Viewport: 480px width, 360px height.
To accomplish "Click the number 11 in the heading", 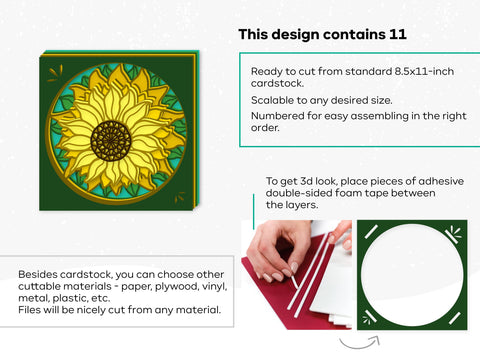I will (398, 35).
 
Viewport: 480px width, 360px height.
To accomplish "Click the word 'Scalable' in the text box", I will (275, 101).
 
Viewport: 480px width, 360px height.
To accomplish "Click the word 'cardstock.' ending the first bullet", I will (281, 84).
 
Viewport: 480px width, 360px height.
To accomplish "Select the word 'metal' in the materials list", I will (37, 299).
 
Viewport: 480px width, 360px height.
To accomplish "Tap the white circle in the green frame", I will (411, 274).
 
